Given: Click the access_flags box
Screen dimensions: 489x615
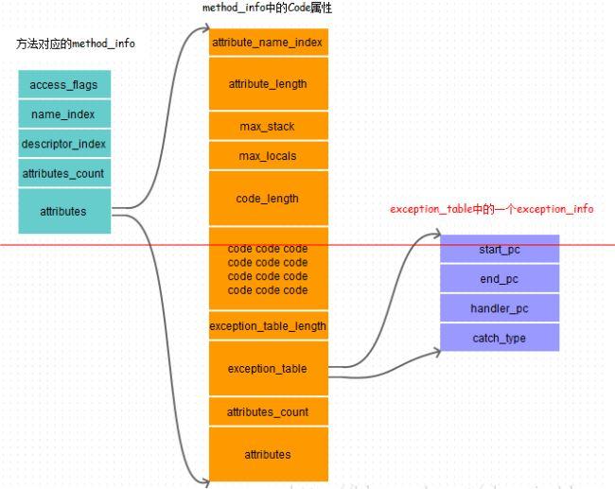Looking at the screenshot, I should pyautogui.click(x=64, y=84).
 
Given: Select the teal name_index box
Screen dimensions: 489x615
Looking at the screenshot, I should pyautogui.click(x=64, y=114).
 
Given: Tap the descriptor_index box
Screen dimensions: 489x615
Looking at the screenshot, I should pyautogui.click(x=64, y=144).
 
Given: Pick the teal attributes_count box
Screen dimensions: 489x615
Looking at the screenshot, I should pyautogui.click(x=64, y=173).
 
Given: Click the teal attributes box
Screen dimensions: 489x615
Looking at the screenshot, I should pyautogui.click(x=64, y=211).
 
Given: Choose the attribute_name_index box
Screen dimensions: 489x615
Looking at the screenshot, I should pyautogui.click(x=268, y=43).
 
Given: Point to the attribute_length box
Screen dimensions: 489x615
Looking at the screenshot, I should pyautogui.click(x=268, y=83).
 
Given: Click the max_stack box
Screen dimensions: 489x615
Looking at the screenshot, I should pyautogui.click(x=268, y=126).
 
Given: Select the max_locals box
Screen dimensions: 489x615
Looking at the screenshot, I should pyautogui.click(x=268, y=154).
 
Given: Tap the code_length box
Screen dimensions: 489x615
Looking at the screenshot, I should pyautogui.click(x=268, y=198).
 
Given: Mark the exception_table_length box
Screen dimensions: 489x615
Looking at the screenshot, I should pyautogui.click(x=268, y=325).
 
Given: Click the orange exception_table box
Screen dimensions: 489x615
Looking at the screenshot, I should pyautogui.click(x=268, y=368).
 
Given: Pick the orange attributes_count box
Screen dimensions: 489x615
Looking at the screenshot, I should pyautogui.click(x=268, y=411).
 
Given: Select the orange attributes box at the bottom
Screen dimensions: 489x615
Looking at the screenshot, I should pyautogui.click(x=268, y=454).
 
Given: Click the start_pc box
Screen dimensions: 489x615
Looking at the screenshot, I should pyautogui.click(x=500, y=249).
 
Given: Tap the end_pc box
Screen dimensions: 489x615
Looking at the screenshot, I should pyautogui.click(x=500, y=278).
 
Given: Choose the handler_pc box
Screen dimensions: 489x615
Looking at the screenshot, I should pyautogui.click(x=500, y=308).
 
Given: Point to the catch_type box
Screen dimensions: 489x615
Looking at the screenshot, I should pyautogui.click(x=500, y=338).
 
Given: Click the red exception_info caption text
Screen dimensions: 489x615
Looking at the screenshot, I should pyautogui.click(x=492, y=208).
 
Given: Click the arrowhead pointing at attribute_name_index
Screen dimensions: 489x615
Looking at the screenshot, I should pyautogui.click(x=203, y=42).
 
